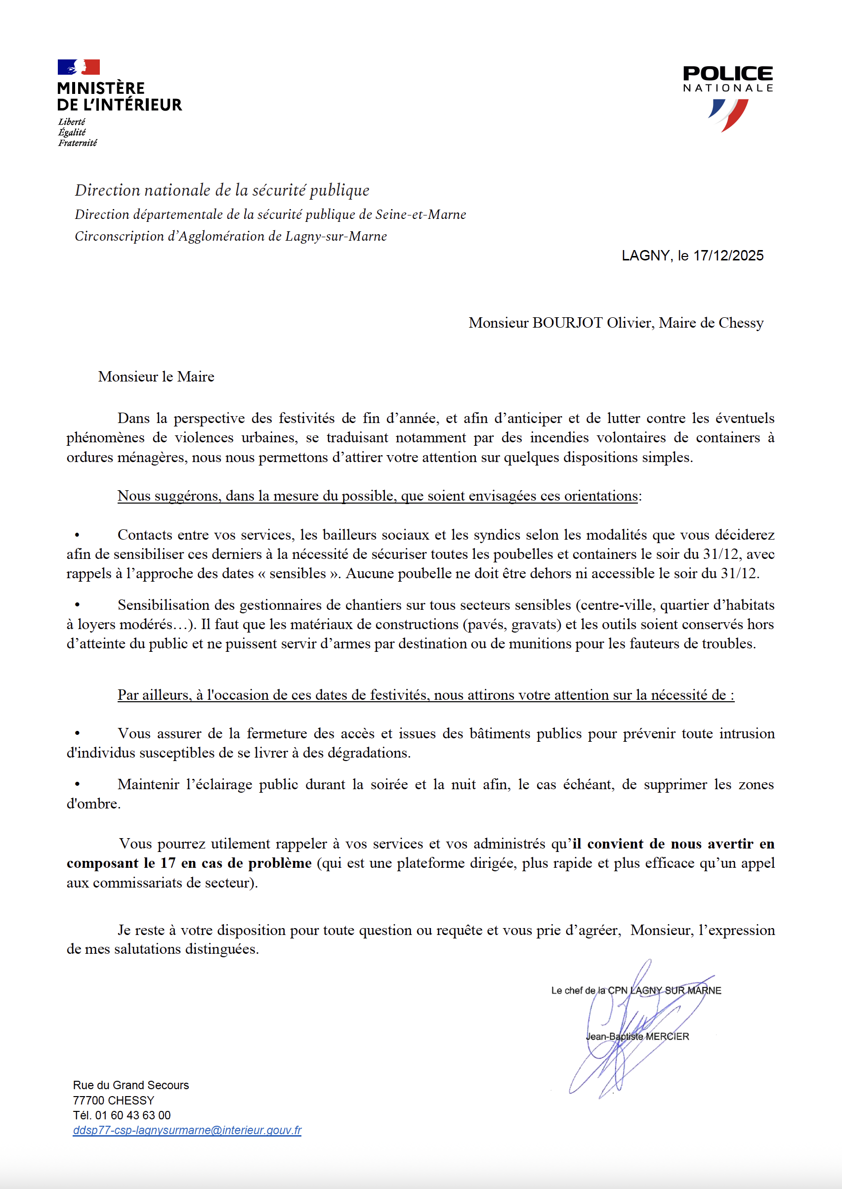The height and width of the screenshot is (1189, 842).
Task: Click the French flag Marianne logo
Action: [78, 67]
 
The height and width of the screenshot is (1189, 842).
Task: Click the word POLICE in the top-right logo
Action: [727, 74]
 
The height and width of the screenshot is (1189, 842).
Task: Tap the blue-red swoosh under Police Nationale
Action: [728, 115]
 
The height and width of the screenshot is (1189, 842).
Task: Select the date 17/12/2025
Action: [728, 255]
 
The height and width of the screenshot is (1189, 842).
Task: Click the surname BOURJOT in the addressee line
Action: [568, 323]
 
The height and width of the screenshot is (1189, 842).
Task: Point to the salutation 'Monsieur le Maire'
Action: [156, 377]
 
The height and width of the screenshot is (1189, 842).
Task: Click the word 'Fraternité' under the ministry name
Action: [77, 143]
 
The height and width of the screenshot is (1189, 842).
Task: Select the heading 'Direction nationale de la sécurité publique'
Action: [222, 190]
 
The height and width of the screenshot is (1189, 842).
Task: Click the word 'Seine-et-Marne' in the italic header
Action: [421, 214]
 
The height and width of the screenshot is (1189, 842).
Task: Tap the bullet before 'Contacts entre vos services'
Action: [77, 535]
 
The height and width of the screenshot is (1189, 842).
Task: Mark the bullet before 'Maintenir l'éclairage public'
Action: [77, 785]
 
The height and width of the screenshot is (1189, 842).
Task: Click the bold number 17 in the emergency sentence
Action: [168, 863]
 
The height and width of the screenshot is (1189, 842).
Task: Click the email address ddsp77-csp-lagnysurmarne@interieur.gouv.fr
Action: [187, 1130]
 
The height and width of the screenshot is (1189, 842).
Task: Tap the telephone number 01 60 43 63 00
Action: [133, 1115]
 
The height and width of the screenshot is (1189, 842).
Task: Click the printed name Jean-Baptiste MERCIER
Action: [637, 1037]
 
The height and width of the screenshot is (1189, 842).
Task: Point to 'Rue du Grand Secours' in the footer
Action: [130, 1085]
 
